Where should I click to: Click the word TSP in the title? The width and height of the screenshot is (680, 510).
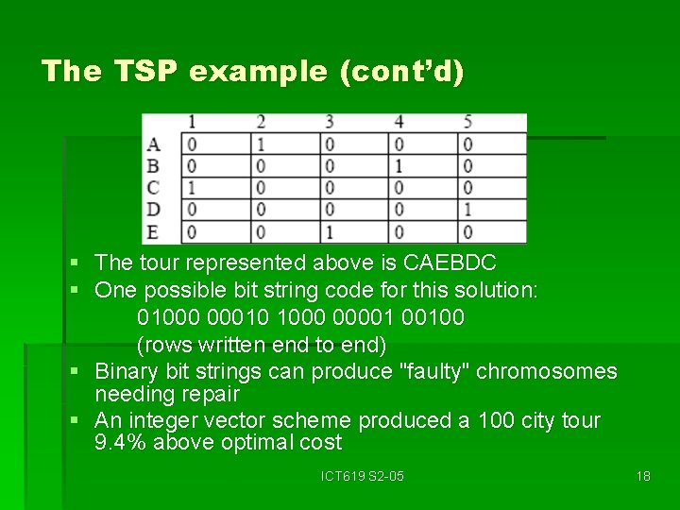[x=145, y=72]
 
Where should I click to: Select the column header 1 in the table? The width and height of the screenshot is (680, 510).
[x=192, y=122]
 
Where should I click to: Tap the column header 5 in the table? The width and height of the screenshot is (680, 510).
[x=467, y=122]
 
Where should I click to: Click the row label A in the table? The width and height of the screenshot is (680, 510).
[x=154, y=144]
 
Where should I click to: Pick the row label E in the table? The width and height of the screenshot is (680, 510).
[x=154, y=231]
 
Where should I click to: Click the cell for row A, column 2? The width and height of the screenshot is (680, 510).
[x=261, y=144]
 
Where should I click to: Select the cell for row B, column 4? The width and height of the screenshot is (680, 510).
[x=399, y=166]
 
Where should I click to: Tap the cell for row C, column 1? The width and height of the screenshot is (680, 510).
[x=192, y=188]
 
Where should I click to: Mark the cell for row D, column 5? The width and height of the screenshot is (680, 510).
[x=467, y=210]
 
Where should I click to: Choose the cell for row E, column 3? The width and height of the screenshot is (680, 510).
[x=330, y=231]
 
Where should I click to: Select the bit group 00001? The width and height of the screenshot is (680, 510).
[x=368, y=317]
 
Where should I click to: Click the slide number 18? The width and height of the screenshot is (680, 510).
[x=643, y=476]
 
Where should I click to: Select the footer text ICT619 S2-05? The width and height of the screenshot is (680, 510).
[x=362, y=476]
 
